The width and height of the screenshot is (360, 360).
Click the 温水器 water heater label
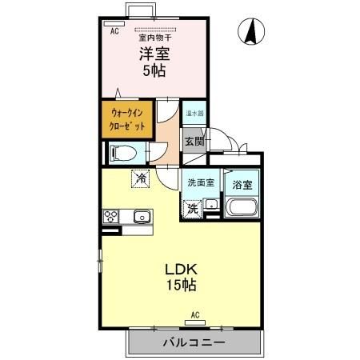(194, 113)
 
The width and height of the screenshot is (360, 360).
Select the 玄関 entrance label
(194, 142)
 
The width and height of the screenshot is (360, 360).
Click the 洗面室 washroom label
(200, 183)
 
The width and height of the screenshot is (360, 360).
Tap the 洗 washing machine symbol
(192, 209)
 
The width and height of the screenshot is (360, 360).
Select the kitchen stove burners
(111, 215)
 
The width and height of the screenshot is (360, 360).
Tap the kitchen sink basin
(142, 215)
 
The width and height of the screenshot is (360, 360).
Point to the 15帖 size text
(181, 285)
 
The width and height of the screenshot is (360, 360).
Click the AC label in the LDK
(194, 315)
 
